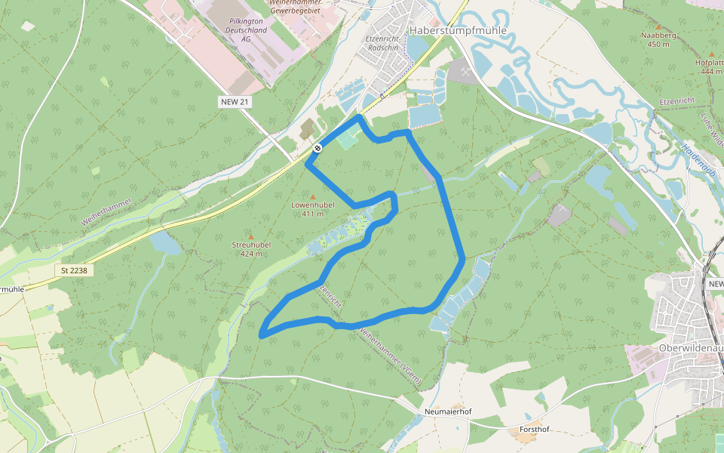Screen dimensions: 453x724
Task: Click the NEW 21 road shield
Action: tap(235, 102)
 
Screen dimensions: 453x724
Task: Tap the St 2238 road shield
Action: tap(75, 270)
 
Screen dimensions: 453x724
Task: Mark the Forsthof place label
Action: tap(535, 430)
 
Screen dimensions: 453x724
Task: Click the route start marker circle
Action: tap(318, 148)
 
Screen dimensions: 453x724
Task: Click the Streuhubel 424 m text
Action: tap(251, 249)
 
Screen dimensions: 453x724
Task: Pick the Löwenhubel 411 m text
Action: tap(313, 209)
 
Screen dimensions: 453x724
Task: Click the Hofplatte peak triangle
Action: tap(711, 54)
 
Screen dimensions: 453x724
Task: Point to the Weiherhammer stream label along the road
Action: tap(106, 212)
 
